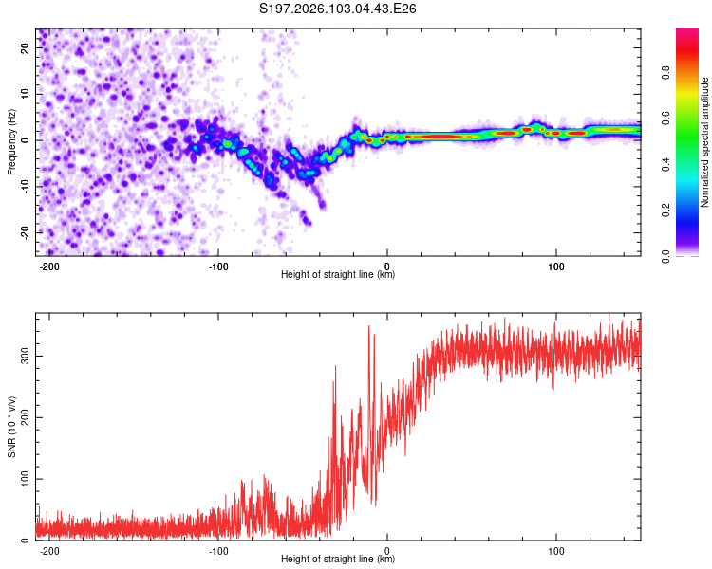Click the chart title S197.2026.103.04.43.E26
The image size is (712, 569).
coord(339,9)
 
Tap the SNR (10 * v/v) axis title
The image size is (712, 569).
coord(11,427)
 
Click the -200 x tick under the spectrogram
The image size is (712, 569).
coord(50,266)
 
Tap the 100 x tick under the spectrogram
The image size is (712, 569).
coord(555,266)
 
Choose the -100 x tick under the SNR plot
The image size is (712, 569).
coord(218,551)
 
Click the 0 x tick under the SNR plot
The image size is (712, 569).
coord(387,551)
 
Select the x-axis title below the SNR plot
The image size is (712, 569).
coord(338,560)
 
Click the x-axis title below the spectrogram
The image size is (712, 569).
coord(338,275)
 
